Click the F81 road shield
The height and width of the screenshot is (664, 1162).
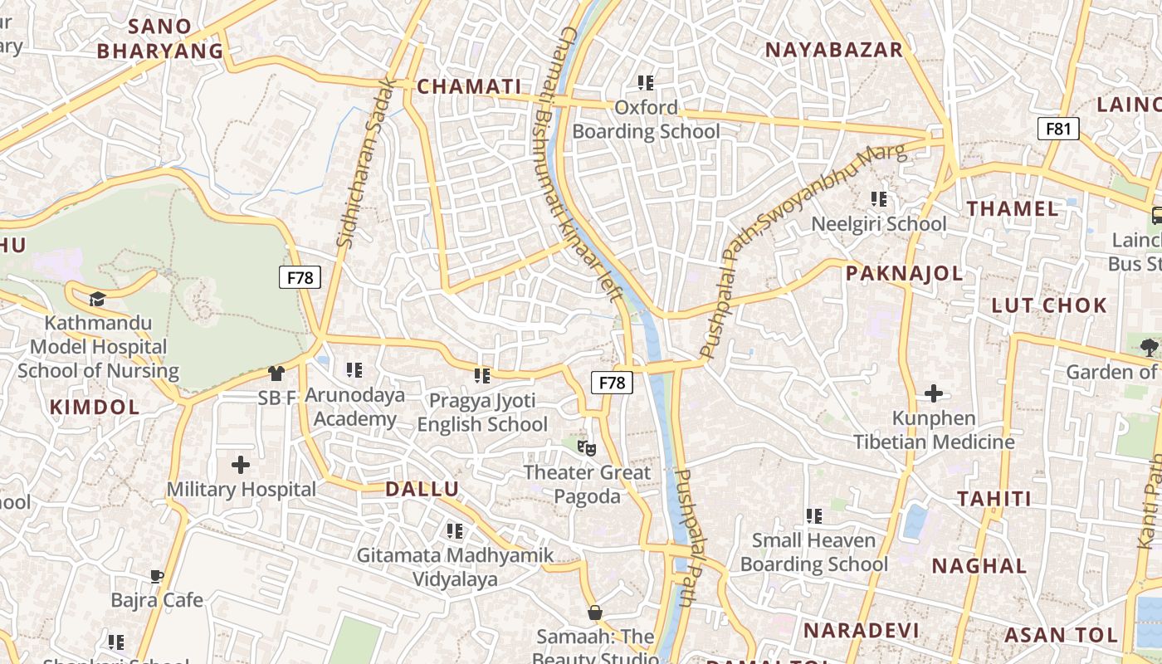(x=1058, y=129)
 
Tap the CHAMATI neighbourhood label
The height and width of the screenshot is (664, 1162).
(x=469, y=86)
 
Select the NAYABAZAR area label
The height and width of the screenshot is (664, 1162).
(x=833, y=50)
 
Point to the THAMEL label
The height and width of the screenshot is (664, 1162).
(x=1013, y=208)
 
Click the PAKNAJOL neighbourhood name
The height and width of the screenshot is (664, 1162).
(x=904, y=273)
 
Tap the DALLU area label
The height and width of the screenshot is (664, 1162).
(x=422, y=489)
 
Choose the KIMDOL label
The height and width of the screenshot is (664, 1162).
(x=95, y=407)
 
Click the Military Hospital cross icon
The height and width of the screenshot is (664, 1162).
(x=241, y=464)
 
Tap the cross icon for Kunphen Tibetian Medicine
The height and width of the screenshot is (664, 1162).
(x=934, y=393)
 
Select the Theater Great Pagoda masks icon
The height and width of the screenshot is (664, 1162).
(x=587, y=449)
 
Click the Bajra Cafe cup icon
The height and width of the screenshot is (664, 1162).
(x=157, y=576)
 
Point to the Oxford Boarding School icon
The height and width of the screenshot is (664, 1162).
(x=646, y=82)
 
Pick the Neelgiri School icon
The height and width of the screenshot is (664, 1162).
(x=878, y=199)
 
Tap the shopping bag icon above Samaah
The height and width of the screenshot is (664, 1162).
(x=594, y=613)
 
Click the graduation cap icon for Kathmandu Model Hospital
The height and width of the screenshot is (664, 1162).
(x=98, y=299)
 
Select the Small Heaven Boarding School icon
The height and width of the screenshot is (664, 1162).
(x=814, y=516)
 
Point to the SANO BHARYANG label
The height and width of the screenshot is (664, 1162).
(x=160, y=38)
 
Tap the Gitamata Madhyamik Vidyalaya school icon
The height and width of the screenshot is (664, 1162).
(x=454, y=530)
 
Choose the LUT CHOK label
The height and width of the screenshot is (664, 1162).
(x=1049, y=305)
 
